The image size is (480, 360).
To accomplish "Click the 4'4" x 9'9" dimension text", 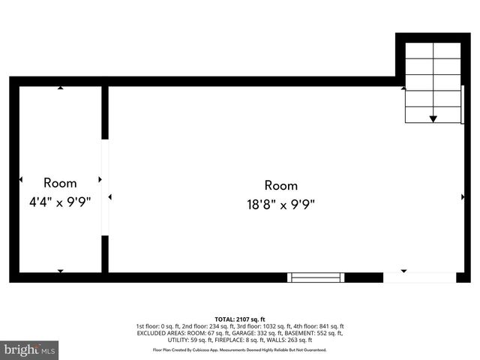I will [x=60, y=202].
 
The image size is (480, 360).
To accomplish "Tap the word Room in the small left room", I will [x=60, y=182].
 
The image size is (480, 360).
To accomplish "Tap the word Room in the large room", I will [x=281, y=185].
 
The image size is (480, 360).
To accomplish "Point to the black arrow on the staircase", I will [x=433, y=118].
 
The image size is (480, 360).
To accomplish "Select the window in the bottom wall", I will [x=316, y=277].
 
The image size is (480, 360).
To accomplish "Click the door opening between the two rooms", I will [x=105, y=187].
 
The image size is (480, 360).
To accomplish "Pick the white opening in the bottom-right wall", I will [x=419, y=277].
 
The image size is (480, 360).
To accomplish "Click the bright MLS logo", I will [x=30, y=349].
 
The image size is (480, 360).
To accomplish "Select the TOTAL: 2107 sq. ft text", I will [x=240, y=319].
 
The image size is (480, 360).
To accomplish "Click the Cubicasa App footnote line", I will [x=240, y=349].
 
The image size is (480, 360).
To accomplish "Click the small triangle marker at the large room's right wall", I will [x=463, y=196].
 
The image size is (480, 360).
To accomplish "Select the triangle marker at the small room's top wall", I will [x=60, y=88].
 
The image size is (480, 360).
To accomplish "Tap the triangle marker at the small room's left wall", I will [x=21, y=180].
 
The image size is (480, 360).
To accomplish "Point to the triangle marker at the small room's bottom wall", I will [x=60, y=270].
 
